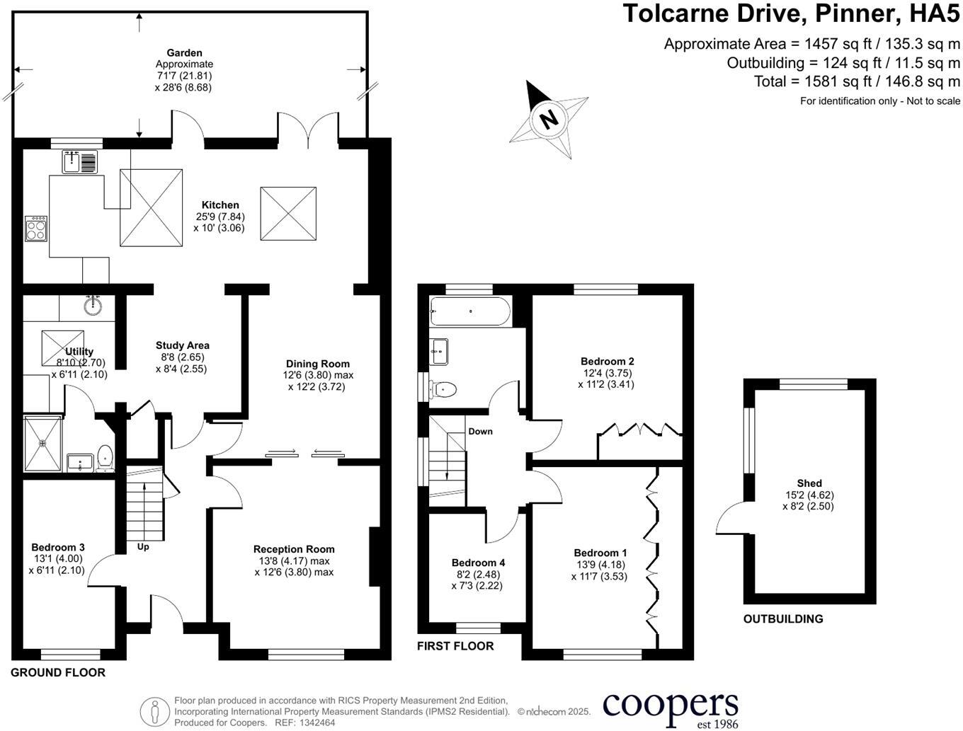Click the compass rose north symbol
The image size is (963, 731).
click(549, 118)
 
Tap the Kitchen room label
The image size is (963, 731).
click(220, 205)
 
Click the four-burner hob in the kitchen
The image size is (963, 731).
click(36, 229)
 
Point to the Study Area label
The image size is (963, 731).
click(183, 346)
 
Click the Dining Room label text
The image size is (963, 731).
click(317, 364)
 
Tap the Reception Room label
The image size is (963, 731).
click(294, 549)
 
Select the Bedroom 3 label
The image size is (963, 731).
click(58, 547)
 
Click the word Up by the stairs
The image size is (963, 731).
click(143, 547)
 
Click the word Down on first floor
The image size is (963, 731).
click(480, 432)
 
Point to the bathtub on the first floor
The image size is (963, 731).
click(469, 311)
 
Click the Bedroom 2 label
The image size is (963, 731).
click(607, 362)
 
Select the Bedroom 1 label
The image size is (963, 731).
click(600, 553)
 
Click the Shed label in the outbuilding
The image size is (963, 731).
click(809, 484)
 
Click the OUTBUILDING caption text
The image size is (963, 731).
click(782, 619)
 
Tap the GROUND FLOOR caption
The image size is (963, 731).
click(58, 673)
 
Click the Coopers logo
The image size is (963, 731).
click(670, 706)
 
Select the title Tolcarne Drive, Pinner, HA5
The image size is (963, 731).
click(791, 13)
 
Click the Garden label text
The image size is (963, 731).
click(184, 53)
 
